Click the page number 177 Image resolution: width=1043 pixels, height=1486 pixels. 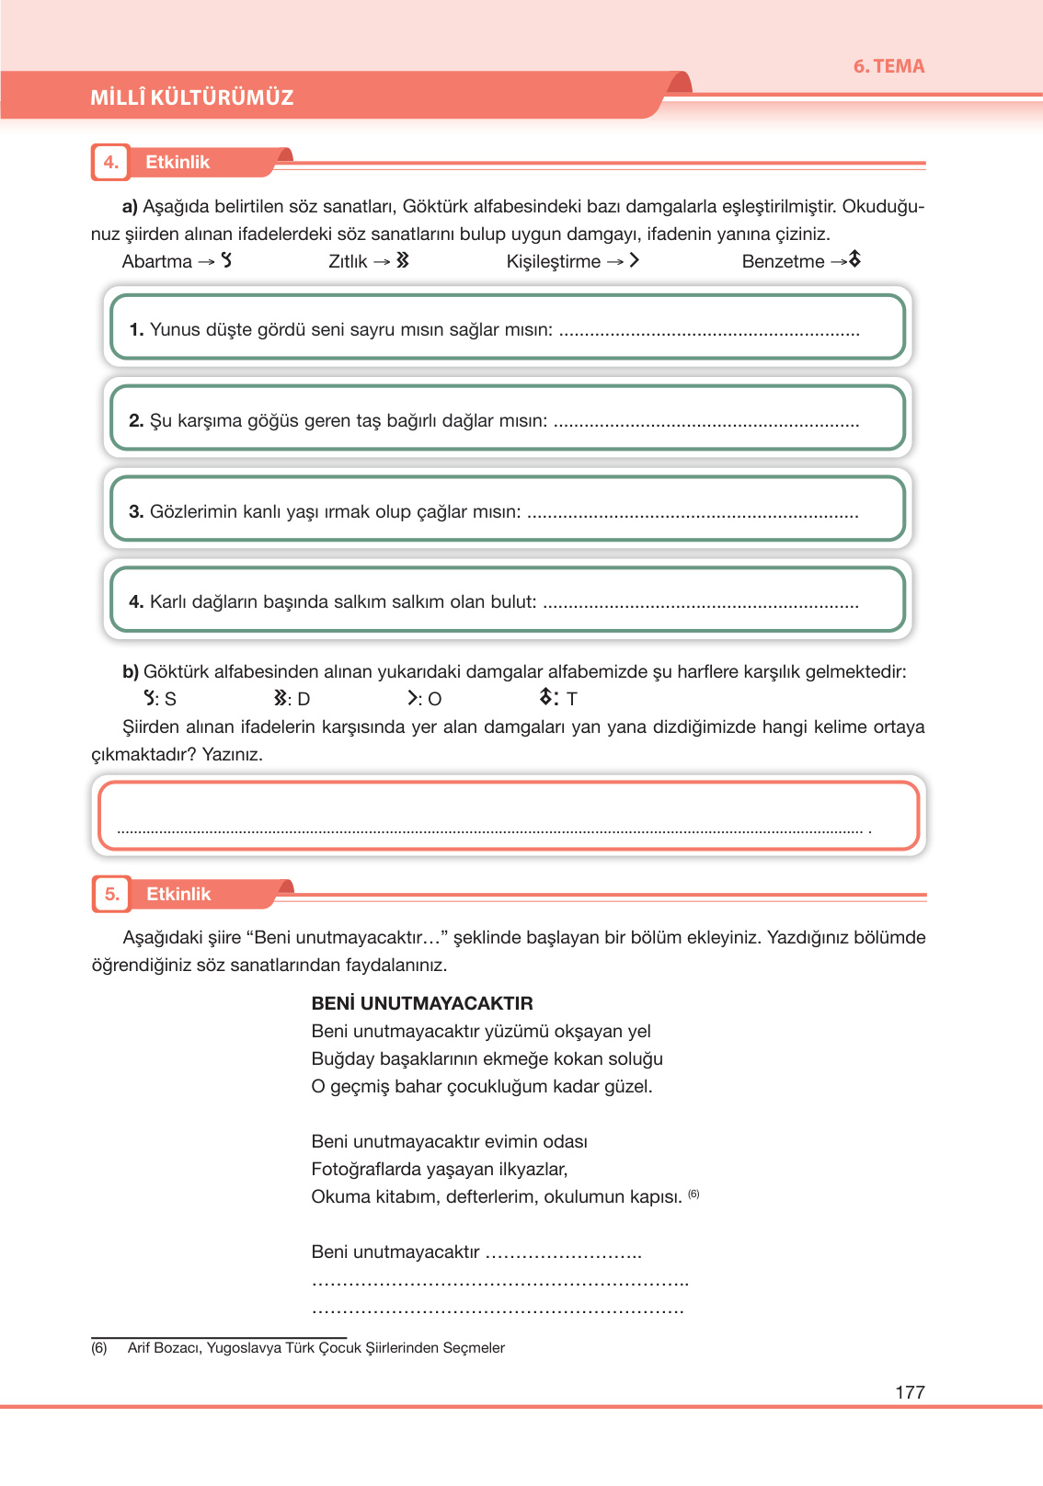click(x=910, y=1392)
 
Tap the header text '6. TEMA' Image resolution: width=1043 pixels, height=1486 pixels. click(x=888, y=66)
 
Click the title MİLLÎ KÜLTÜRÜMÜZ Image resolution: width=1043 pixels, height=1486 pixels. click(x=191, y=97)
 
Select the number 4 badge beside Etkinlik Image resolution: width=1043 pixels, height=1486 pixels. click(x=111, y=163)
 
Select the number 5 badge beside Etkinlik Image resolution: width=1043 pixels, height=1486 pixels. click(x=112, y=894)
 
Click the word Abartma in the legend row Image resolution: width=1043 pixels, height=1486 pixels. click(x=157, y=262)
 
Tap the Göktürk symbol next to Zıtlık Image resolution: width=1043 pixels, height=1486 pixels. click(x=403, y=261)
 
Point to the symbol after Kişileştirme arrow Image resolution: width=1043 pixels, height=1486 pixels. click(x=635, y=261)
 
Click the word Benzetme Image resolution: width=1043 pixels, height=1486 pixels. click(x=783, y=262)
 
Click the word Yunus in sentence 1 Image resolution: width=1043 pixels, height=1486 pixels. click(x=175, y=330)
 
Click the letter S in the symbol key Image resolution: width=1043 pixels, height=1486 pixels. click(x=170, y=700)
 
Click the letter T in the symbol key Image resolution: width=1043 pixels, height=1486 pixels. click(x=572, y=700)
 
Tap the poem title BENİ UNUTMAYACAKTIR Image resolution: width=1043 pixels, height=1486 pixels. click(x=422, y=1003)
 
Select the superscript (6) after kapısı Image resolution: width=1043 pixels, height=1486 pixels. click(x=693, y=1194)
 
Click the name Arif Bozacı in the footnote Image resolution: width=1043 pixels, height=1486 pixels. click(x=164, y=1348)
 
